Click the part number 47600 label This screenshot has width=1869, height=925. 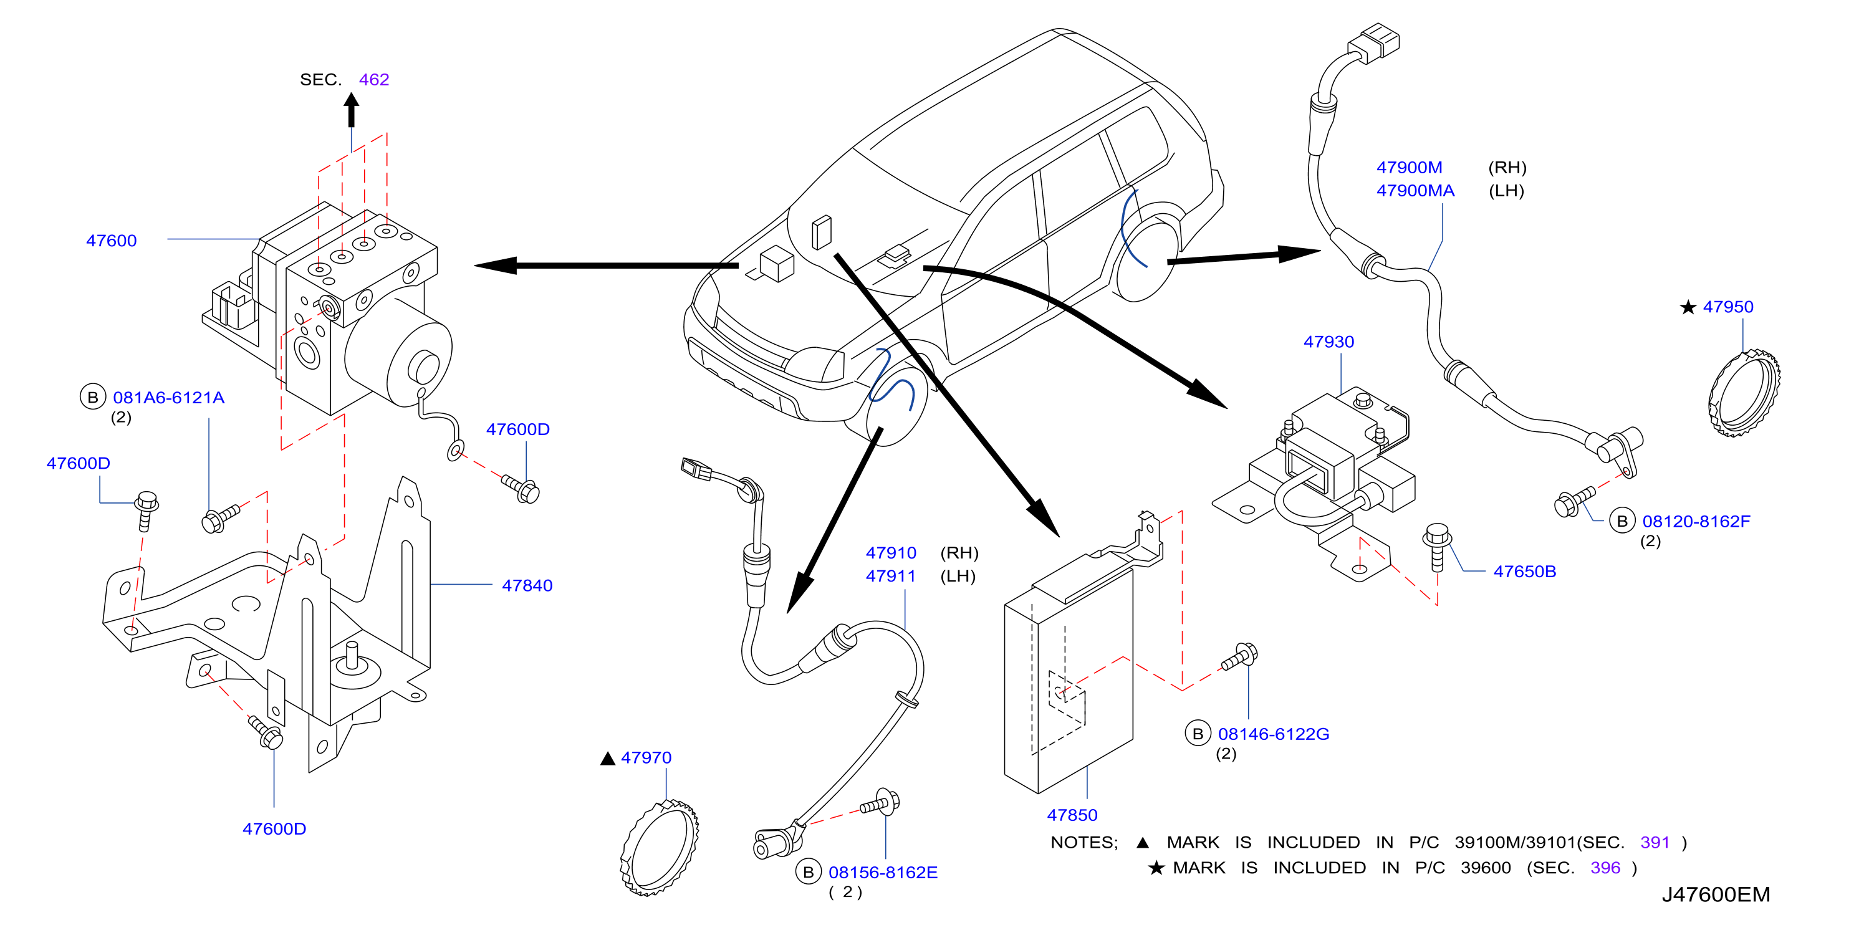(111, 240)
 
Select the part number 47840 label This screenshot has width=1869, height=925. (527, 585)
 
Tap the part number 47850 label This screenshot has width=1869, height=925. (1072, 815)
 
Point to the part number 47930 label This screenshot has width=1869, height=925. (1328, 342)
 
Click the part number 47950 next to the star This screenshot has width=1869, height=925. (1727, 307)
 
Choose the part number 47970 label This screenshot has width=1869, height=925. (646, 757)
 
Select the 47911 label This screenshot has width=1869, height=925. (890, 576)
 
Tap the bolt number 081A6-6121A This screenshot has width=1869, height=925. (168, 398)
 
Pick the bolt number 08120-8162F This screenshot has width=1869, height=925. (1696, 521)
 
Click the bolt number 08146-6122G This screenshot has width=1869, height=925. (1274, 734)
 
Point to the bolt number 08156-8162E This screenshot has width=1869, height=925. (883, 872)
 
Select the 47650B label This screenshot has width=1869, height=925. (1524, 572)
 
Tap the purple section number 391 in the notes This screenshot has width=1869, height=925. (1655, 842)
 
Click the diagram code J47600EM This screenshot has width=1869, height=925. (1716, 894)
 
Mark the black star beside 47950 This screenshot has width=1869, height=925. (1688, 308)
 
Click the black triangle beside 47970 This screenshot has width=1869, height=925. (608, 759)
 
